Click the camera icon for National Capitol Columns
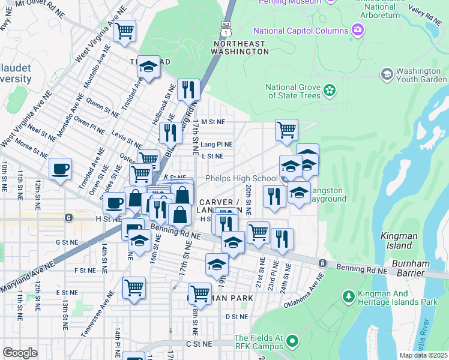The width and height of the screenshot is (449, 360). [x=358, y=30]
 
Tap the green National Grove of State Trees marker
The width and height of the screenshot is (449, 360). [x=330, y=90]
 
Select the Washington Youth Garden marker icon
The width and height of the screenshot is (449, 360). [x=387, y=73]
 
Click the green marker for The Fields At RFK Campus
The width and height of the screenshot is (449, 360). [x=292, y=342]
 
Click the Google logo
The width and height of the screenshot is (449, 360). [x=20, y=353]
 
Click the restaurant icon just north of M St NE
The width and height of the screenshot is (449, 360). [x=188, y=89]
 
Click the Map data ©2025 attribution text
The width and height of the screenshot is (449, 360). [x=423, y=355]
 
